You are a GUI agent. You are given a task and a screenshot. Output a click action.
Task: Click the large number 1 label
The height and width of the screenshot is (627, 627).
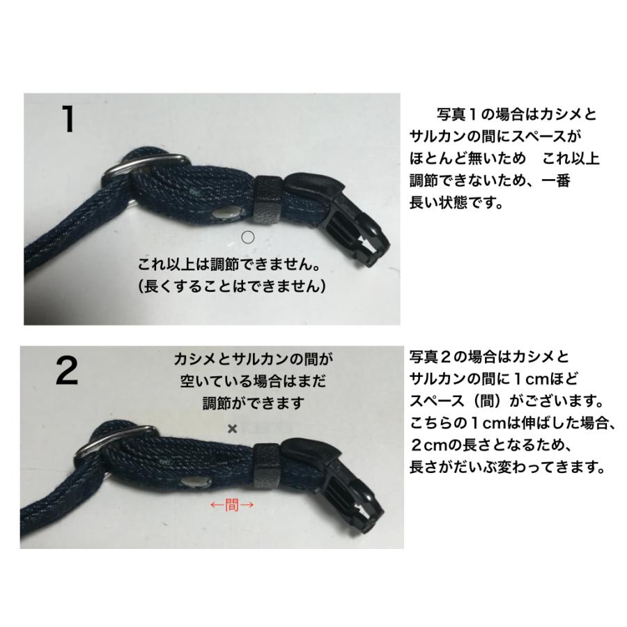(68, 119)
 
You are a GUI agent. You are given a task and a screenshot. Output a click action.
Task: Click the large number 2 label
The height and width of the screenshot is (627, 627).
(67, 373)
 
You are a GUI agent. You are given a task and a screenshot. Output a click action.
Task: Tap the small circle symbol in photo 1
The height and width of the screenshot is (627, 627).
(247, 238)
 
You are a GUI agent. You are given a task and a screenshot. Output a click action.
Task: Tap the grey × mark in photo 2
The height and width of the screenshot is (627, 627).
(233, 429)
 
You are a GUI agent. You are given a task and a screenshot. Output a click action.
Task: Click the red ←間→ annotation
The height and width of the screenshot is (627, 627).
(231, 505)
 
